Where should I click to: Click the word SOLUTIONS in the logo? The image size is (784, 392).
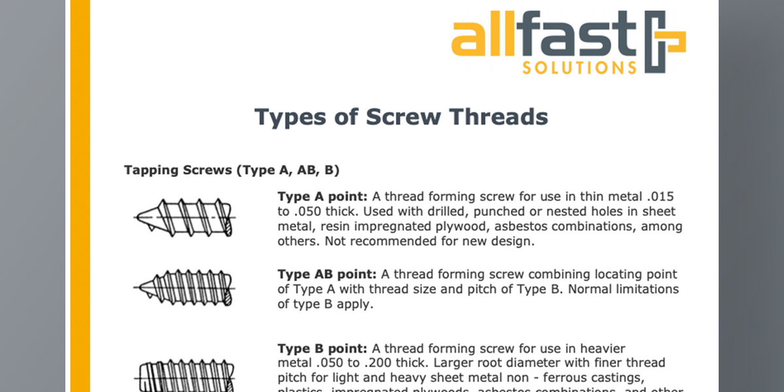579,68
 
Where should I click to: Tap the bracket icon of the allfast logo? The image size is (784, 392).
665,42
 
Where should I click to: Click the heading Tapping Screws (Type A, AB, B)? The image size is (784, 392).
231,171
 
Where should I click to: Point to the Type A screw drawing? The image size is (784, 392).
184,216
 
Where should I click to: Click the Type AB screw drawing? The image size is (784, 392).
184,287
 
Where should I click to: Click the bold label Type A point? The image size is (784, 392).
323,197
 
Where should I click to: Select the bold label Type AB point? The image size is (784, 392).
327,274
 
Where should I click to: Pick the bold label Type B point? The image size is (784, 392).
323,349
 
